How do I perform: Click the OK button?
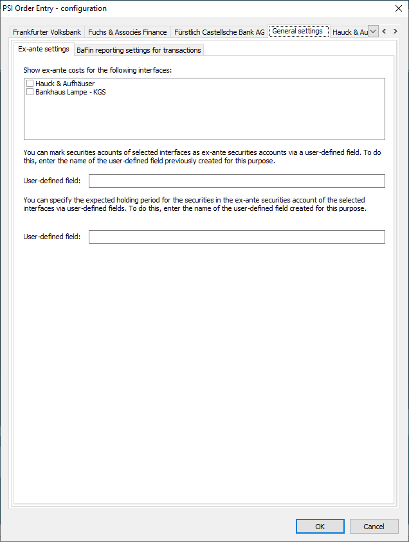click(320, 526)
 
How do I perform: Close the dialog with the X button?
click(396, 8)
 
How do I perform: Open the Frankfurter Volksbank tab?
click(47, 32)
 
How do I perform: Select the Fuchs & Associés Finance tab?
click(127, 32)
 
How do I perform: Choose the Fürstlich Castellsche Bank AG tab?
click(219, 32)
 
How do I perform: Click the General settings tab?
click(297, 31)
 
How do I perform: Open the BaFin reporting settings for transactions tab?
click(139, 50)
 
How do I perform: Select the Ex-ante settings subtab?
click(44, 49)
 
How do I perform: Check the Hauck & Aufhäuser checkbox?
click(30, 84)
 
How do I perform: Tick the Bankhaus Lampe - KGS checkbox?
click(30, 92)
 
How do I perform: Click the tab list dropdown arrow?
click(373, 32)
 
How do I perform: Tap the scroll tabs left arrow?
click(384, 32)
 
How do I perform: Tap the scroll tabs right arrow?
click(395, 32)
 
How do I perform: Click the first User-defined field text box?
click(237, 181)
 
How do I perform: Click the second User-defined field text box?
click(237, 237)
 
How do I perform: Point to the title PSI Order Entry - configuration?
click(55, 8)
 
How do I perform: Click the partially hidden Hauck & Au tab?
click(349, 32)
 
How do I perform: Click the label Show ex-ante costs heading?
click(97, 69)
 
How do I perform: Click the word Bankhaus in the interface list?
click(50, 92)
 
